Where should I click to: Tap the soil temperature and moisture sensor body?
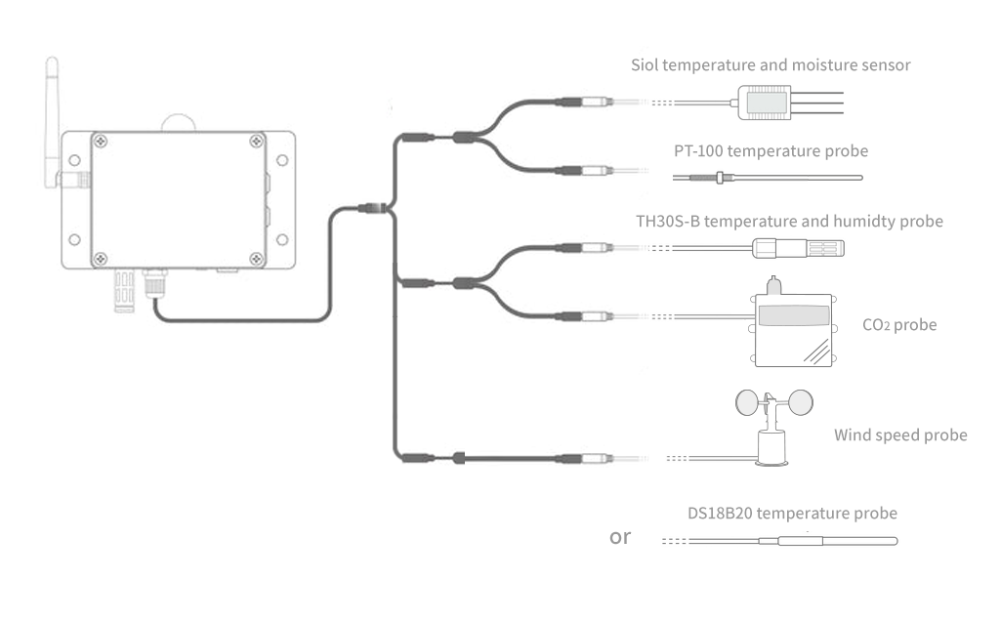[x=765, y=101]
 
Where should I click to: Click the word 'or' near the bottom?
[x=620, y=536]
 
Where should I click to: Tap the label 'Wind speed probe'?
[x=900, y=435]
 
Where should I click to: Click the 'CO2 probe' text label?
[x=899, y=324]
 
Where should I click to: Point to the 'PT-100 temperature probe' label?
[x=771, y=151]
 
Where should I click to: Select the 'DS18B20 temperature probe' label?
[x=792, y=513]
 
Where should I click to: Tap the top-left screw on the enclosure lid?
[x=99, y=141]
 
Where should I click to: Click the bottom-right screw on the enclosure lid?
[x=256, y=259]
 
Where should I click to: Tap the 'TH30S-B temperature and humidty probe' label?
[x=789, y=222]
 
